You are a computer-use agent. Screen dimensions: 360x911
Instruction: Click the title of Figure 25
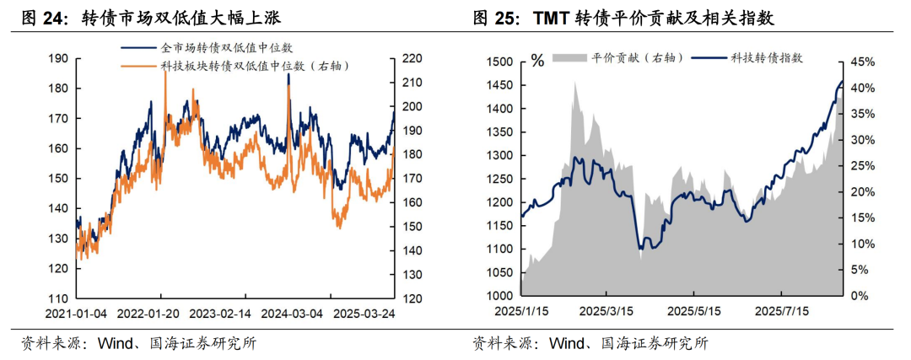tap(623, 17)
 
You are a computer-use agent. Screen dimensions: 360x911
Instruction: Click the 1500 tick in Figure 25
tap(499, 62)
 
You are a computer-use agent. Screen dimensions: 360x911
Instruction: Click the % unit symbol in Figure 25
tap(537, 61)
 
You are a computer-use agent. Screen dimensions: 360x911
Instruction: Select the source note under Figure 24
tap(138, 343)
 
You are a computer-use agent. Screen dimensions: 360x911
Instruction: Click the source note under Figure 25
tap(590, 343)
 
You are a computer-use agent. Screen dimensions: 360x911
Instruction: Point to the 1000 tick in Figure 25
tap(499, 296)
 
